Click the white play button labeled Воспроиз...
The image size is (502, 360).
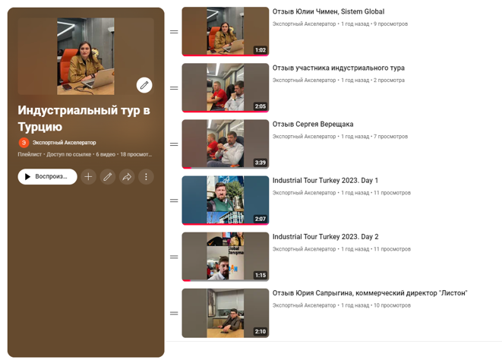tap(47, 176)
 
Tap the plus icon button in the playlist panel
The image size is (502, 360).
tap(88, 176)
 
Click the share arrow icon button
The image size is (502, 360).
tap(127, 176)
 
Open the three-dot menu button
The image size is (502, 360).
tap(146, 176)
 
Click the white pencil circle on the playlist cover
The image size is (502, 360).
tap(144, 85)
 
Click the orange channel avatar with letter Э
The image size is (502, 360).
tap(24, 143)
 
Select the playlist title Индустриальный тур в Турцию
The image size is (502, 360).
tap(84, 118)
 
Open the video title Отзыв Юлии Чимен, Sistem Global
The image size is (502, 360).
tap(328, 11)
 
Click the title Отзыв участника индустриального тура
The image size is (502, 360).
tap(339, 68)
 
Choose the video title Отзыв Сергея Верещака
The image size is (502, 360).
tap(313, 125)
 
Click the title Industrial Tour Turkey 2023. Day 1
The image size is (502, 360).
tap(325, 180)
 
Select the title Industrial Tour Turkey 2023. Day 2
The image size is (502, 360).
tap(325, 237)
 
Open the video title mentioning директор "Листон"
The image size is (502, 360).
tap(370, 293)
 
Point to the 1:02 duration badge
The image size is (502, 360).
tap(260, 50)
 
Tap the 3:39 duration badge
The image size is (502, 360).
tap(260, 163)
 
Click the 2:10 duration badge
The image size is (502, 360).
tap(260, 331)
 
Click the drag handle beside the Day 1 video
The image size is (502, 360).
tap(174, 201)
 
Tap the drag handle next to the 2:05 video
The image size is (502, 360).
tap(174, 88)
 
